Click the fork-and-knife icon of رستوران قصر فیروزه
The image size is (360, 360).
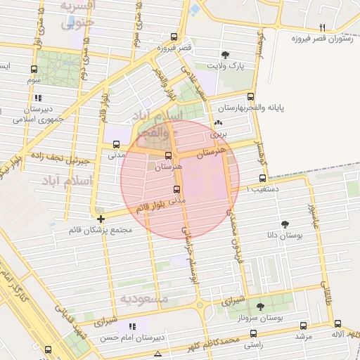point(323,27)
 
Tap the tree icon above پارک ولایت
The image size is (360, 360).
point(225,55)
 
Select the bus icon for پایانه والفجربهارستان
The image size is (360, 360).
point(251,98)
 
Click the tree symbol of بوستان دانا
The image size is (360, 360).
point(285,224)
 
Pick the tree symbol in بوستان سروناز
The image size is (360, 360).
point(261,307)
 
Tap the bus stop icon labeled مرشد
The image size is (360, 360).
point(303,326)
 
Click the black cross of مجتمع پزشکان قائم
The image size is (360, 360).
point(101,219)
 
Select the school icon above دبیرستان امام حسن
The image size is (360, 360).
point(131,326)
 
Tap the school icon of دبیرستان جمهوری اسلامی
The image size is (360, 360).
point(38,98)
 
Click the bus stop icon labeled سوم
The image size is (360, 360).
point(34,70)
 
